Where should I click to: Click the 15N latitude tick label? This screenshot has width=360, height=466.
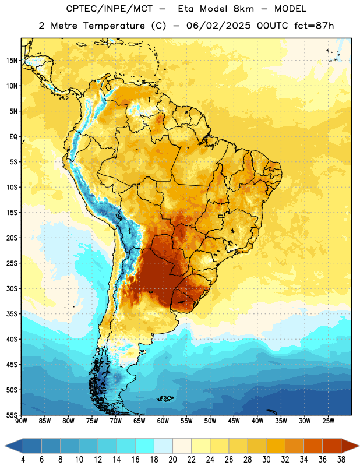12,61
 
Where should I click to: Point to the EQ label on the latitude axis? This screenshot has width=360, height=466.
13,137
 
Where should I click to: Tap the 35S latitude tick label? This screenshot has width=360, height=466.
12,314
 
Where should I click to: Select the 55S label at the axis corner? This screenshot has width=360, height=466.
12,415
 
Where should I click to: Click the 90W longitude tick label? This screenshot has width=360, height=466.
22,421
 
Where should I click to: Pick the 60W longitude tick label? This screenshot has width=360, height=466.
163,421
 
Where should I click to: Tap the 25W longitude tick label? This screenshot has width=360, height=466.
328,421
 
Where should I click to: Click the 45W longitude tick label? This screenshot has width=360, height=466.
234,421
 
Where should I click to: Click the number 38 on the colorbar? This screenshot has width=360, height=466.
341,460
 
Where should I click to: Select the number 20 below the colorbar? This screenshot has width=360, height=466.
172,460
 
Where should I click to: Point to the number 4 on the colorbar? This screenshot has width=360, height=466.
23,460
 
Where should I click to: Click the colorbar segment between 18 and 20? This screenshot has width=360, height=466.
163,446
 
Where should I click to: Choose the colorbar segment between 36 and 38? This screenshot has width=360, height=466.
332,446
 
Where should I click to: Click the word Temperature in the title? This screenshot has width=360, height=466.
114,26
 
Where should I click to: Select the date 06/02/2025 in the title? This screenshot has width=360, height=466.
218,26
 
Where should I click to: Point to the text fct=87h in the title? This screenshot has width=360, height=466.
314,26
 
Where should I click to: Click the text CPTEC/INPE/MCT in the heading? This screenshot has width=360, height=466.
109,9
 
